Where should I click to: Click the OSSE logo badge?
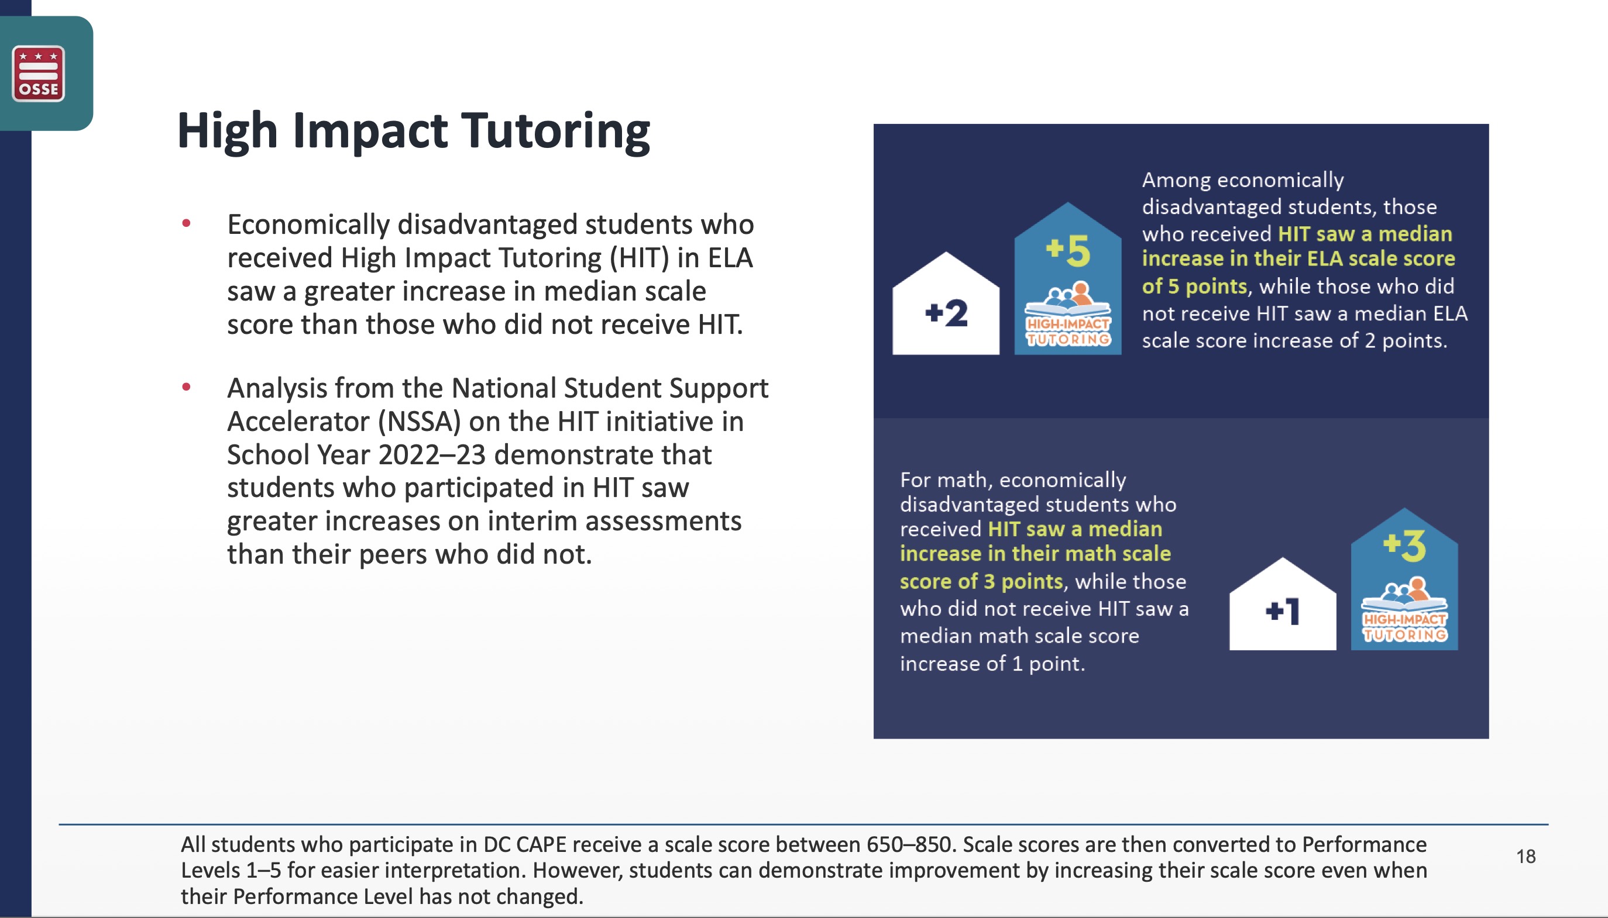(39, 73)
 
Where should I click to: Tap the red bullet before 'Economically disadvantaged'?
(186, 223)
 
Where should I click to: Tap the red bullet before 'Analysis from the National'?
(186, 386)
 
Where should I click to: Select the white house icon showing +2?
(946, 303)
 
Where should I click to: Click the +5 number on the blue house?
(1067, 250)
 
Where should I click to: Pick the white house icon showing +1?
(1283, 603)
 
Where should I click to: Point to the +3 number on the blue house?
(1404, 546)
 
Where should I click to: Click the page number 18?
(1526, 856)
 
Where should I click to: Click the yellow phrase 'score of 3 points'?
(981, 581)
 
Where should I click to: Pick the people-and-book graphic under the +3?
(1404, 593)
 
